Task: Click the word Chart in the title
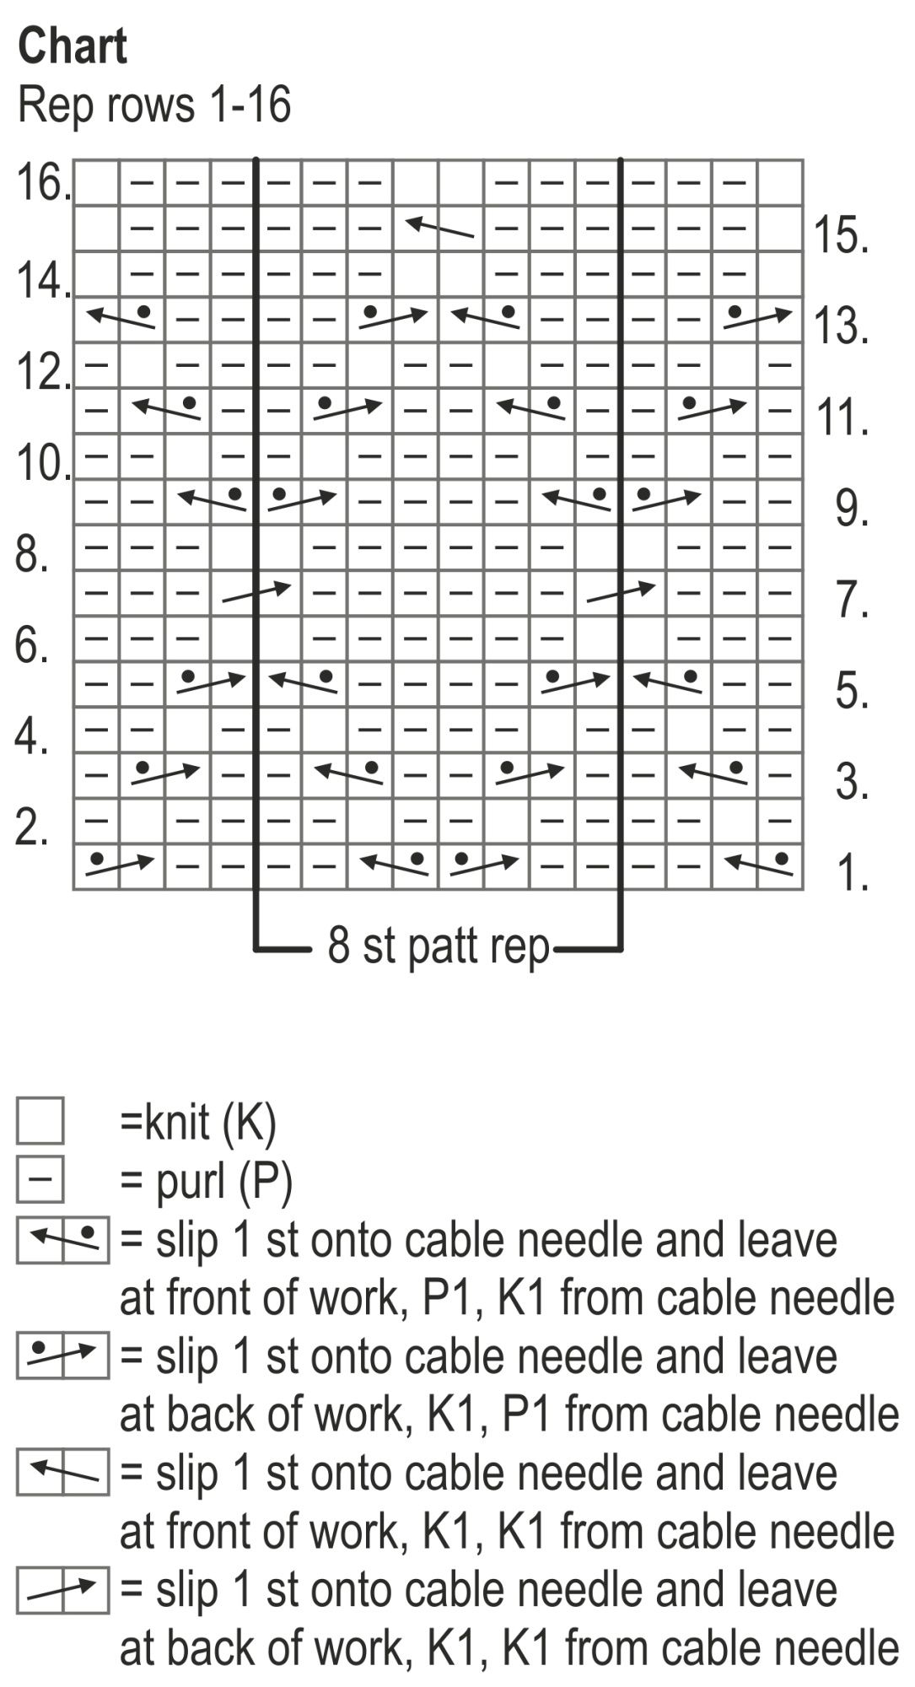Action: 73,46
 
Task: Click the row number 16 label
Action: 41,183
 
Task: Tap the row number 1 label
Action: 852,873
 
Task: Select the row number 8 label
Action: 31,555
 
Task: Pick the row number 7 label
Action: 852,600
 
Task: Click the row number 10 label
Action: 41,463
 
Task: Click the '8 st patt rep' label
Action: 439,946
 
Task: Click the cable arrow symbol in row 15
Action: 439,227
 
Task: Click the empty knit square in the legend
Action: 40,1121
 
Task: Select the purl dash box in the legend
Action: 40,1179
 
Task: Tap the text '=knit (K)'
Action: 198,1123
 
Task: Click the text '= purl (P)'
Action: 207,1181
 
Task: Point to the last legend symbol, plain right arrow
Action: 62,1590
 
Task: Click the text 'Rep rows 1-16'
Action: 154,105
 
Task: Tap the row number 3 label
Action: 852,782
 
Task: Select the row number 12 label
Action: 41,372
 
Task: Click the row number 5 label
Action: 852,691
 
